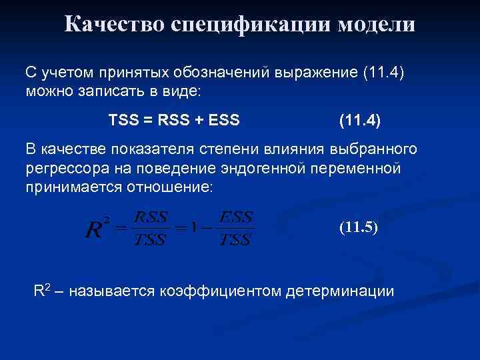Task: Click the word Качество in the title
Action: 115,25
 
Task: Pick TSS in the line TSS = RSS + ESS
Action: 123,121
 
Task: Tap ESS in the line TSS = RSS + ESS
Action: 224,121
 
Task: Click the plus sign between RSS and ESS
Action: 197,121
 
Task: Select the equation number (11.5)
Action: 358,227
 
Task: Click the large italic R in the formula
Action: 94,230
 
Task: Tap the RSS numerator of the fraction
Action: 151,217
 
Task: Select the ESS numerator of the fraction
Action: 236,217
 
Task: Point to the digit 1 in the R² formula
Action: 194,229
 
